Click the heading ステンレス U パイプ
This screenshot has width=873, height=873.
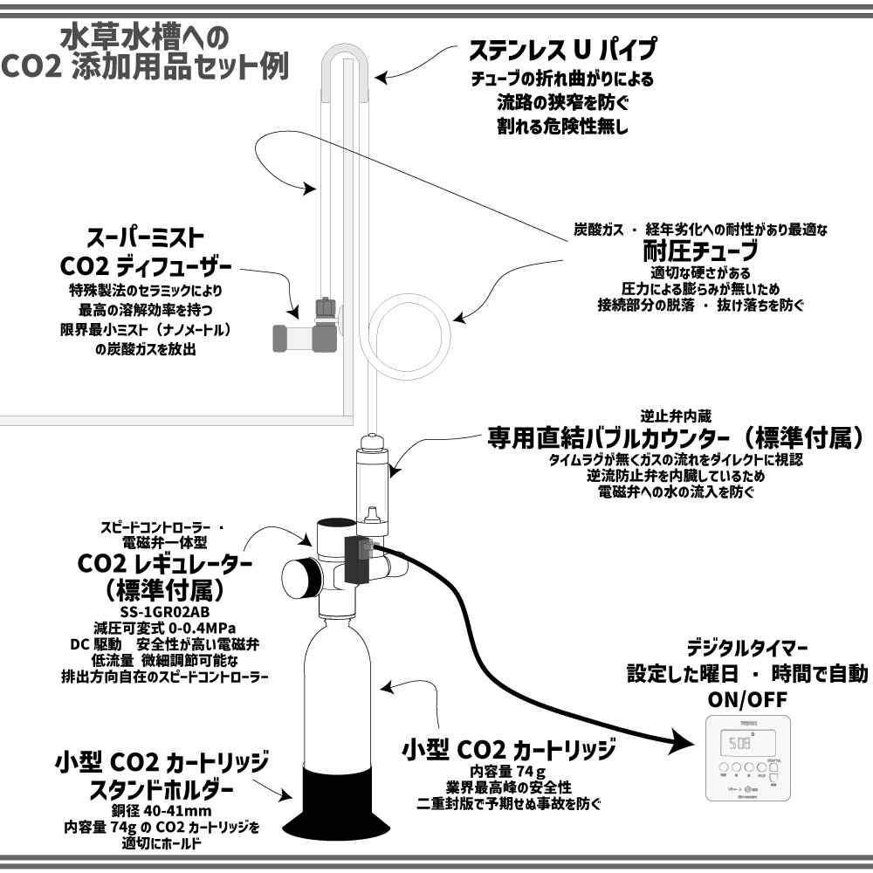coord(562,47)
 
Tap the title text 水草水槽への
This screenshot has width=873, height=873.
coord(144,37)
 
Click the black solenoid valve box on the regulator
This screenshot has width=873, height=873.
coord(360,560)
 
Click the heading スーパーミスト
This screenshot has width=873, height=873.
coord(145,237)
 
